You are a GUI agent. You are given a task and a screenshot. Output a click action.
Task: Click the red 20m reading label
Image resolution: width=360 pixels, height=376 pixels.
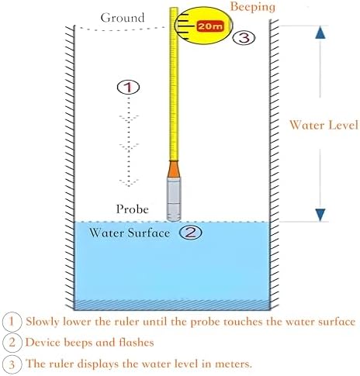pyautogui.click(x=209, y=26)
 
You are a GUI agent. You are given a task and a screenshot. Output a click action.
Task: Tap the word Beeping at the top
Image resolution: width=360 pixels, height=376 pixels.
pyautogui.click(x=252, y=7)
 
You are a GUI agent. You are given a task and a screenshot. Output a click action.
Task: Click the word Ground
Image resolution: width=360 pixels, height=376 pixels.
pyautogui.click(x=123, y=17)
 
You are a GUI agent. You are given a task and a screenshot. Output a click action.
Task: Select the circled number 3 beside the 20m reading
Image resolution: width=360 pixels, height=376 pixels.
pyautogui.click(x=243, y=37)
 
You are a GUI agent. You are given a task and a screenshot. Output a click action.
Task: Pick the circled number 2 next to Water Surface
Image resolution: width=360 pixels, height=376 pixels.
pyautogui.click(x=191, y=232)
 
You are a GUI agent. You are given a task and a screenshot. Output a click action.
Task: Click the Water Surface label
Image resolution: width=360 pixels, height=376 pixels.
pyautogui.click(x=130, y=233)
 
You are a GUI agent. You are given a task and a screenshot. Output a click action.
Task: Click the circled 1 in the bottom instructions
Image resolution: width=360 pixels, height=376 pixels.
pyautogui.click(x=12, y=320)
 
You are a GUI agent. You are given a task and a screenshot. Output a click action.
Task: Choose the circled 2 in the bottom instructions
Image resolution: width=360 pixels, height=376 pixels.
pyautogui.click(x=12, y=342)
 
